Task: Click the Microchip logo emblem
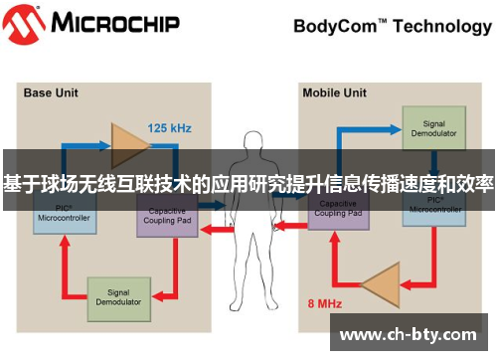25,24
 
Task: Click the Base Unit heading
51,93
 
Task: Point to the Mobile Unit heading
335,93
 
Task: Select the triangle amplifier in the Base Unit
125,143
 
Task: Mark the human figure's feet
249,320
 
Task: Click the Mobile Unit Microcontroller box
433,207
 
